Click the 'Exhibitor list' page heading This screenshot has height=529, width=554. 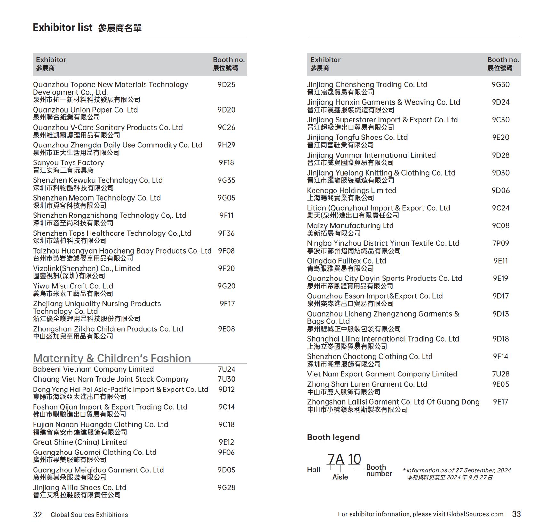pyautogui.click(x=63, y=28)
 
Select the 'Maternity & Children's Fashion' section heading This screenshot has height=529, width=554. pyautogui.click(x=112, y=358)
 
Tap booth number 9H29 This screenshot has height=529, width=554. pyautogui.click(x=226, y=145)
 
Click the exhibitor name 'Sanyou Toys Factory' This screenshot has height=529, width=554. pyautogui.click(x=68, y=163)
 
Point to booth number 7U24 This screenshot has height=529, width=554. pyautogui.click(x=226, y=369)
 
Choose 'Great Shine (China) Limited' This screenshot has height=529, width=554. pyautogui.click(x=80, y=442)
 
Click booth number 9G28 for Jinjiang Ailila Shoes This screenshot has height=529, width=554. pyautogui.click(x=226, y=488)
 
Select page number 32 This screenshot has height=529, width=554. pyautogui.click(x=37, y=515)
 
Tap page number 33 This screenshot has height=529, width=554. pyautogui.click(x=517, y=514)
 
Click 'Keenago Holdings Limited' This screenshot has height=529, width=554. pyautogui.click(x=352, y=191)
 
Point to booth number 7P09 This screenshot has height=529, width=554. pyautogui.click(x=501, y=243)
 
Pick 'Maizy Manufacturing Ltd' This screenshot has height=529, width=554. pyautogui.click(x=350, y=226)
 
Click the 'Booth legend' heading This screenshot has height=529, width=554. pyautogui.click(x=333, y=437)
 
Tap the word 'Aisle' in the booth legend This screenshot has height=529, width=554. pyautogui.click(x=340, y=477)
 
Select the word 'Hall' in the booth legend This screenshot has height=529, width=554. pyautogui.click(x=313, y=470)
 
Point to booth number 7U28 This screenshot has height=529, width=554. pyautogui.click(x=501, y=374)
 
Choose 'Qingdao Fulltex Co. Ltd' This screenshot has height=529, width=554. pyautogui.click(x=346, y=261)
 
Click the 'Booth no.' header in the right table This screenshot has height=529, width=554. pyautogui.click(x=503, y=60)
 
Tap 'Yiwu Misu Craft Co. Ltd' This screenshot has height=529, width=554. pyautogui.click(x=73, y=286)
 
